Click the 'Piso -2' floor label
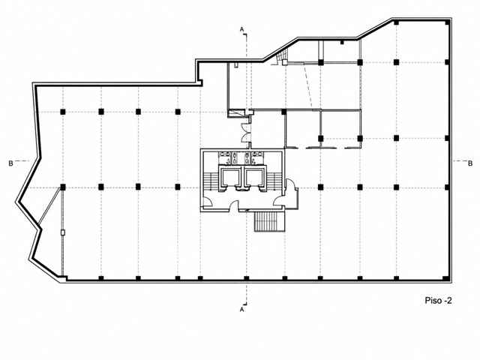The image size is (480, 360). pos(438,300)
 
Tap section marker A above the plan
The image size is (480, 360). pos(241,29)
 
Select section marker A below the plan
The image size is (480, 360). pos(241,310)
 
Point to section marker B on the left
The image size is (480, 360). pos(10,163)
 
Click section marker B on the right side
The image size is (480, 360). pos(470,163)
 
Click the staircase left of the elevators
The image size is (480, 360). pos(211,181)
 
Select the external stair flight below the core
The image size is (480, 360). pos(270,221)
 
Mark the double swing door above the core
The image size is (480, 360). pos(246,133)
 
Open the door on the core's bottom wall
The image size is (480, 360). pos(235,205)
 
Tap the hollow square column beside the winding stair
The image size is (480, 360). pos(285,62)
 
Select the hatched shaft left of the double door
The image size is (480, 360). pos(235,113)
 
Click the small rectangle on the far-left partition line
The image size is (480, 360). pos(63,232)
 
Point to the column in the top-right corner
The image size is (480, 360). pos(447,22)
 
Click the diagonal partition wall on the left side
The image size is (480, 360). pos(49,206)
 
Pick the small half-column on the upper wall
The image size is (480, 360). pos(342,42)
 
